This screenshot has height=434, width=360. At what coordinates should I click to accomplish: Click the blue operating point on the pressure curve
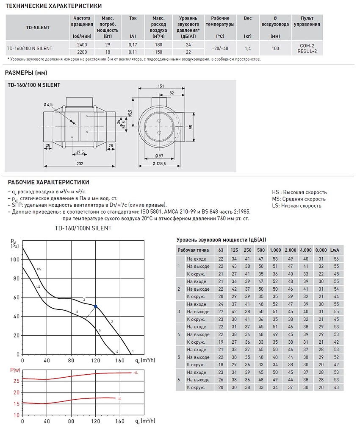point(96,306)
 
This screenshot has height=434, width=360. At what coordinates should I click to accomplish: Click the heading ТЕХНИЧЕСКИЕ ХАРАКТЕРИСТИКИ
point(53,6)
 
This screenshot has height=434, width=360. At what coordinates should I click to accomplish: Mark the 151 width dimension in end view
point(161,86)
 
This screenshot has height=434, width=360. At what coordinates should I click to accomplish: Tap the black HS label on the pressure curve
point(39,269)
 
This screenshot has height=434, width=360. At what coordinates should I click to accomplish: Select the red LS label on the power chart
point(119,399)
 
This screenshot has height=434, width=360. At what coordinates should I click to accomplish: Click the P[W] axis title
point(15,370)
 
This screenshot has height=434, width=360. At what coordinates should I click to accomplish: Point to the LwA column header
point(336,250)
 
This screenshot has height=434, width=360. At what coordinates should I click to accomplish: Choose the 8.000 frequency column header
point(321,250)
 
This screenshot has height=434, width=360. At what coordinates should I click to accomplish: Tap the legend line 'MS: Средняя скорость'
point(299,199)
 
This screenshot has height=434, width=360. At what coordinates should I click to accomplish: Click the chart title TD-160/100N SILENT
point(83,228)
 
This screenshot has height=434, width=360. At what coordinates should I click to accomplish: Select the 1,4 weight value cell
point(248,48)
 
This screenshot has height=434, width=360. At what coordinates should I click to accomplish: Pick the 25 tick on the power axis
point(17,381)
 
